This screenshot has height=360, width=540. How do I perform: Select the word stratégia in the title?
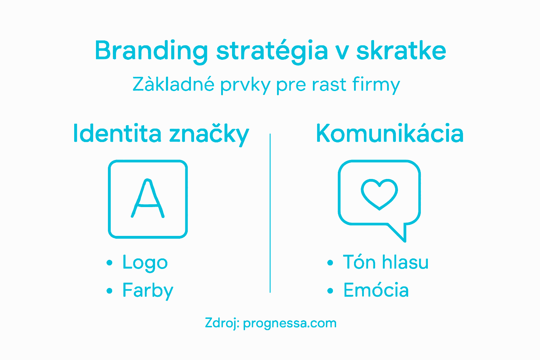[272, 51]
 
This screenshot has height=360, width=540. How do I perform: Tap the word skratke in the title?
[401, 50]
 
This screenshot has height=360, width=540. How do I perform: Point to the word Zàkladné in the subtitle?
[173, 84]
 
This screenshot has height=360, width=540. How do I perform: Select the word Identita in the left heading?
[117, 134]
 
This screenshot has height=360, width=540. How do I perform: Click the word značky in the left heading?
[209, 134]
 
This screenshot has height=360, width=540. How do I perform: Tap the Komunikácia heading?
[390, 134]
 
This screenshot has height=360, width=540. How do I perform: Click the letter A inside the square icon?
[148, 199]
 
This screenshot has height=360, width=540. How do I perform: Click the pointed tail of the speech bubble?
[401, 233]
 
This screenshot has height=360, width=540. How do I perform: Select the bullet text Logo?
[145, 263]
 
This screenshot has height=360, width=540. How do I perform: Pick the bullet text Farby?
[148, 291]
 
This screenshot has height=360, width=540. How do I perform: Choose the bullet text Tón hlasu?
[386, 262]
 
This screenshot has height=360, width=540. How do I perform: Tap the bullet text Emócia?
[376, 290]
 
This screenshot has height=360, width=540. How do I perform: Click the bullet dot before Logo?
[109, 263]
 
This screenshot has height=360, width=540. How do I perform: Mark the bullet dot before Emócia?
[330, 291]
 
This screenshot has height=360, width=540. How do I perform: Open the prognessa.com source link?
[290, 323]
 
